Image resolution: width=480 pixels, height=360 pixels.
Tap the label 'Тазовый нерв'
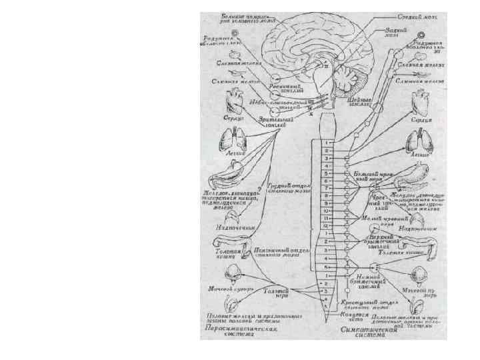(277, 293)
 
